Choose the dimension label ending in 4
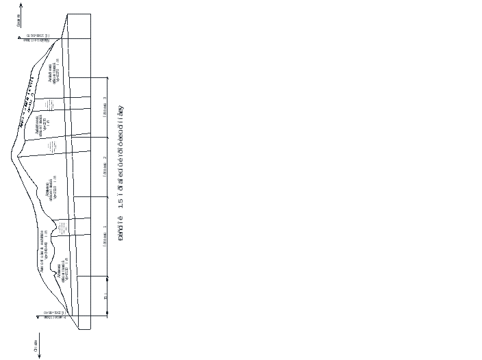[x=105, y=168]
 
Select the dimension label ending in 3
[x=105, y=235]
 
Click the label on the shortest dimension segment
[x=105, y=296]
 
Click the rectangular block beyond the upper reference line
[x=78, y=26]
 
